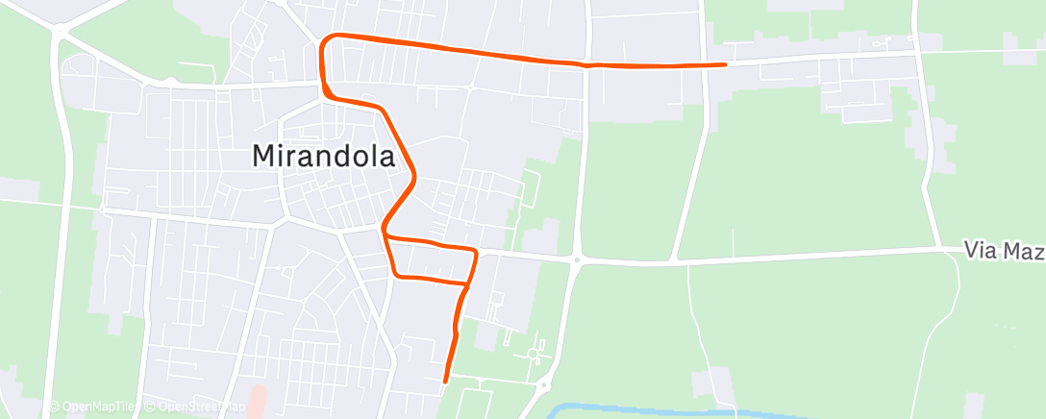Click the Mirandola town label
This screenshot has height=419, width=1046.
pyautogui.click(x=323, y=156)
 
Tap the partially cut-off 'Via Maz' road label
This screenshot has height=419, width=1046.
pyautogui.click(x=1004, y=251)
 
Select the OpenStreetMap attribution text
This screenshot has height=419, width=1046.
pyautogui.click(x=196, y=407)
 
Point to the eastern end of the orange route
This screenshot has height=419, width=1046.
pyautogui.click(x=725, y=64)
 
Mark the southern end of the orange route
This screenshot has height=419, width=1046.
pyautogui.click(x=445, y=382)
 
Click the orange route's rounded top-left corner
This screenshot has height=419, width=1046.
pyautogui.click(x=326, y=39)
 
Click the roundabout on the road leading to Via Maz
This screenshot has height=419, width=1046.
pyautogui.click(x=577, y=259)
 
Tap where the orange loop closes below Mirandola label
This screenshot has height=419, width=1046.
pyautogui.click(x=385, y=232)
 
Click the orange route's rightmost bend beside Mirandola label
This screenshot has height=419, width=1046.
pyautogui.click(x=415, y=176)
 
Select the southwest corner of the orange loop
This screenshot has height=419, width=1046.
pyautogui.click(x=396, y=276)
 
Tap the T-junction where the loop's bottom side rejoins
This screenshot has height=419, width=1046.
pyautogui.click(x=466, y=284)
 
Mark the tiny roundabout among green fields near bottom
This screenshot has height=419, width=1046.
pyautogui.click(x=533, y=355)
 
